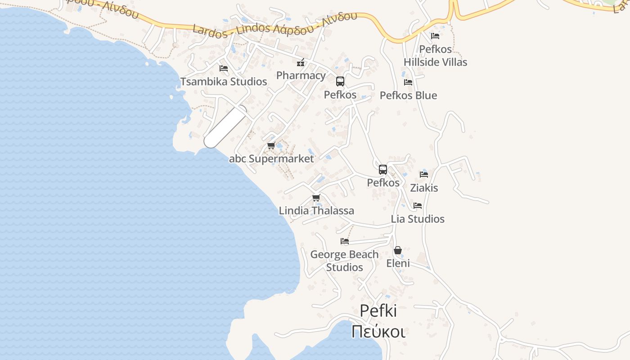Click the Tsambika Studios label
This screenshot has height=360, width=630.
tap(224, 81)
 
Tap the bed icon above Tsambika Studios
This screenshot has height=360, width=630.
tap(224, 68)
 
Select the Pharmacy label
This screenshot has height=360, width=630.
tap(301, 75)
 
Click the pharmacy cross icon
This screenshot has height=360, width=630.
tap(301, 63)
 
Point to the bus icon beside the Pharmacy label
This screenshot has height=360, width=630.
tap(340, 81)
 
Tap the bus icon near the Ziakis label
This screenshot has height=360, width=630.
tap(383, 170)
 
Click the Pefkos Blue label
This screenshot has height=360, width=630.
tap(408, 95)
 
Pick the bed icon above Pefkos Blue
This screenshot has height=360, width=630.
tap(408, 82)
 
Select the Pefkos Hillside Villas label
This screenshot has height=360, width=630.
tap(435, 55)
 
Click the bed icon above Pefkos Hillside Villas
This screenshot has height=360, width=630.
tap(435, 36)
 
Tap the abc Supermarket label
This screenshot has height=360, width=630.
tap(271, 159)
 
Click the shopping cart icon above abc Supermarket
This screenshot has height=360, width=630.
tap(271, 146)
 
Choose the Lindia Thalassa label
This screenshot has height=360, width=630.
tap(316, 211)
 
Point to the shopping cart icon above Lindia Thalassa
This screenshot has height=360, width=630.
tap(316, 198)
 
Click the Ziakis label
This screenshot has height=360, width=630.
tap(424, 188)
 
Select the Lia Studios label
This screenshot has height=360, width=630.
tap(418, 219)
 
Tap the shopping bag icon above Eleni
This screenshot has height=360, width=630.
tap(398, 250)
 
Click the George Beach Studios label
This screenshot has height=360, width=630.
tap(344, 261)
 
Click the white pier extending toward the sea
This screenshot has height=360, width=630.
tap(225, 127)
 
